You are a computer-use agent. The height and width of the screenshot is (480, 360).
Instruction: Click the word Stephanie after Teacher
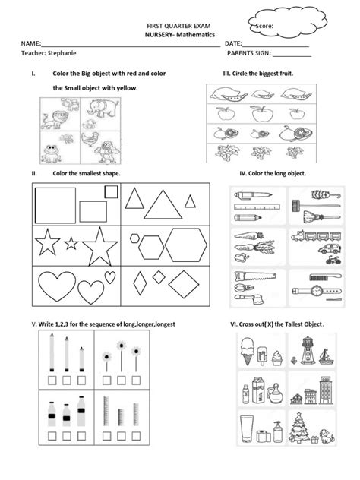point(62,53)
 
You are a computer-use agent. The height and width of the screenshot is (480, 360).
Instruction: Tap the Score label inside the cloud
point(264,26)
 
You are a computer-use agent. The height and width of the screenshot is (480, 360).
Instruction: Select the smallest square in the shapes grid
point(111,192)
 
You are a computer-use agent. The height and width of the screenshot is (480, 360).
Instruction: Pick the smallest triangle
point(190,201)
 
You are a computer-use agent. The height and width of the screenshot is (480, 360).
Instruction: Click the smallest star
point(71,243)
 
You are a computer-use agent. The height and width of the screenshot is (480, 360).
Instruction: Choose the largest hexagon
point(186,245)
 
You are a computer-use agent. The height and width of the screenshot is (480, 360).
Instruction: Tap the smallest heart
point(110,277)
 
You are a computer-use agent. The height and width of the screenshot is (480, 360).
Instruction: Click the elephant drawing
point(103,108)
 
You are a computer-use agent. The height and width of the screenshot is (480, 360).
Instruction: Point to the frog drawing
point(52,153)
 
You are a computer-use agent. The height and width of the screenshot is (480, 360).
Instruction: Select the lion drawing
point(55,120)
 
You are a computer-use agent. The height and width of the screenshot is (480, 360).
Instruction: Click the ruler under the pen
point(257,207)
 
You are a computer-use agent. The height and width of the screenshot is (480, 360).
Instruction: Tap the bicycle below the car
point(333,261)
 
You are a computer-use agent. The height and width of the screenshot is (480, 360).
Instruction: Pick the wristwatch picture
point(317,290)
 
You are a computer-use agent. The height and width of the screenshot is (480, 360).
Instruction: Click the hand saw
point(254,276)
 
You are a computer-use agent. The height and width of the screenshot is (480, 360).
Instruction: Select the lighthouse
point(307,351)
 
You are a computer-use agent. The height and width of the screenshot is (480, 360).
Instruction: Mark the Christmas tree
point(298,428)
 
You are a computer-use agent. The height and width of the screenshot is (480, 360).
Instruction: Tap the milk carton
point(259,390)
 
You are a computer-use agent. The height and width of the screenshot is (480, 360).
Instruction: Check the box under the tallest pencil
point(52,381)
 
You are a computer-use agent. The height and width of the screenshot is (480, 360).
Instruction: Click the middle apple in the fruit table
point(262,114)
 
